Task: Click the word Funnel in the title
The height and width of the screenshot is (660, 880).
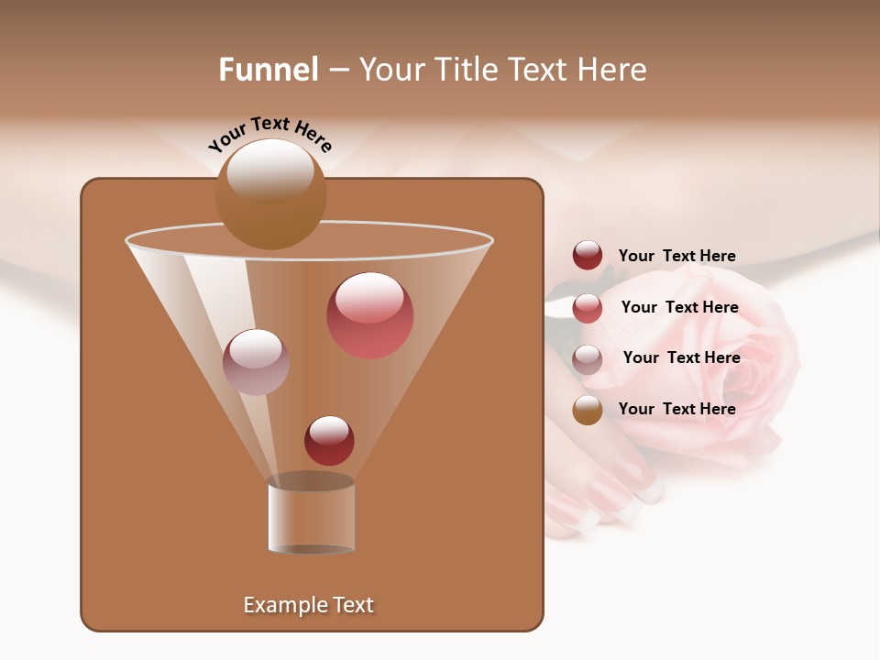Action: [269, 70]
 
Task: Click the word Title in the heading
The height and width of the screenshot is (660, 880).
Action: [465, 70]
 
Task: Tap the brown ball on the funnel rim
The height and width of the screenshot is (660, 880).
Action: [270, 194]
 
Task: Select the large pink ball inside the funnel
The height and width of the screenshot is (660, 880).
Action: [370, 315]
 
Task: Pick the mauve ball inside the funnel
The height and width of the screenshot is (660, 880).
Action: [256, 362]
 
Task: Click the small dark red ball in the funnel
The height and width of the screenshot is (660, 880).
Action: [329, 440]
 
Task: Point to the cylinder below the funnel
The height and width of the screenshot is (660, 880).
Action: [312, 515]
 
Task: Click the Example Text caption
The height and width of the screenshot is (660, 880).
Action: [309, 605]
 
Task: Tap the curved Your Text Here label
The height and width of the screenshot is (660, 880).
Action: [270, 134]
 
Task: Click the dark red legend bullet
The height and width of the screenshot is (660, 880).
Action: [588, 256]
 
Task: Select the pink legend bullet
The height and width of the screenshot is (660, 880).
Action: [588, 308]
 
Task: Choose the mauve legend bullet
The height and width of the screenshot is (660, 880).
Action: [588, 359]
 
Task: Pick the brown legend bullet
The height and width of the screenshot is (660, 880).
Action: [588, 410]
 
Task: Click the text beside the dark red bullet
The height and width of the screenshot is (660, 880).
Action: [677, 256]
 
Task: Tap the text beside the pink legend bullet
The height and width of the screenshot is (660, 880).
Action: [679, 307]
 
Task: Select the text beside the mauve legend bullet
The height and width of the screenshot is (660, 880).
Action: [681, 357]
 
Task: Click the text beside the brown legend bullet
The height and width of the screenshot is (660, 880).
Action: [677, 409]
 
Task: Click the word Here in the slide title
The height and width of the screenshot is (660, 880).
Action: [614, 70]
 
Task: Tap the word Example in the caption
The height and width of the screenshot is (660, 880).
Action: [280, 605]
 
